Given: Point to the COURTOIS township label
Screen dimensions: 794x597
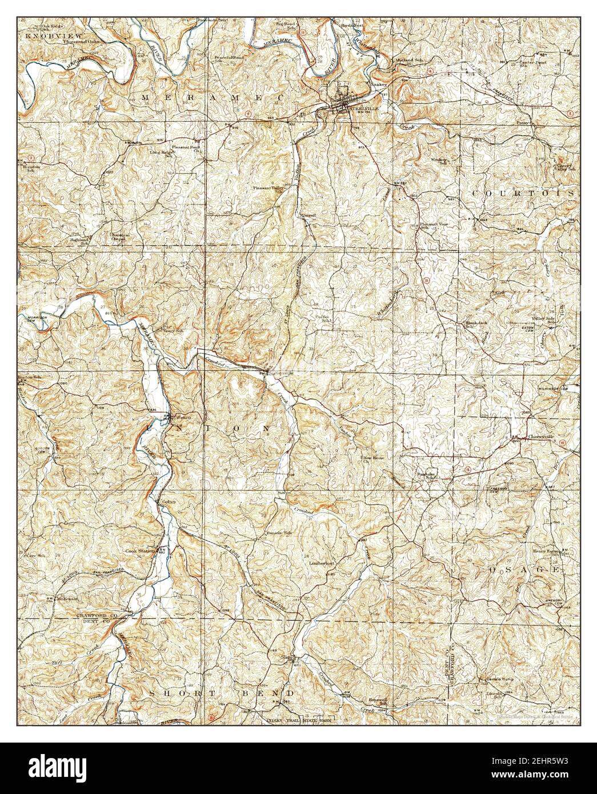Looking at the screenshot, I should point(522,194).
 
